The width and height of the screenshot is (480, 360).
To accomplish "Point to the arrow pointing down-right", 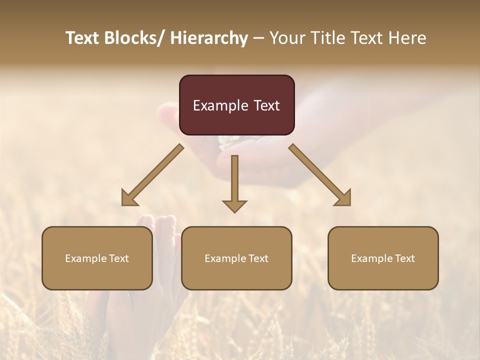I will [x=320, y=175].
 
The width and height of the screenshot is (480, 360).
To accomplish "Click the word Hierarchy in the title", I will [x=209, y=38].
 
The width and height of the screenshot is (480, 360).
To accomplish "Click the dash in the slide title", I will [x=258, y=38].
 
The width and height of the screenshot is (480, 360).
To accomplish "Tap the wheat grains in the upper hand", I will [x=228, y=142].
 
